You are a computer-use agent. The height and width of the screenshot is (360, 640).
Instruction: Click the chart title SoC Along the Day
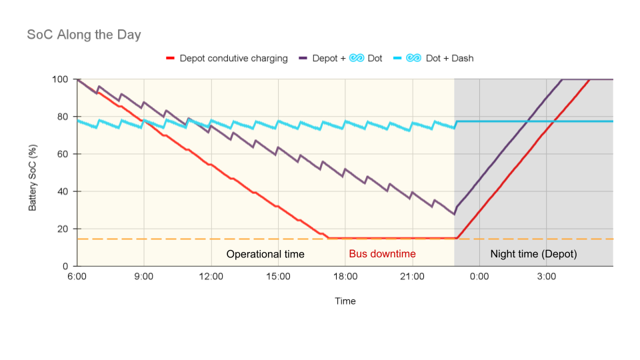84,35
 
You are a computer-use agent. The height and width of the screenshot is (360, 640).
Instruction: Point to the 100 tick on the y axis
61,79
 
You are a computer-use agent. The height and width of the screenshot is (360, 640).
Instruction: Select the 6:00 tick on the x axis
77,276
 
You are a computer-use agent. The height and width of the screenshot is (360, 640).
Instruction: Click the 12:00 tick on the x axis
211,276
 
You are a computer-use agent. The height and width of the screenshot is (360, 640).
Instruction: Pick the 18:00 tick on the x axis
345,276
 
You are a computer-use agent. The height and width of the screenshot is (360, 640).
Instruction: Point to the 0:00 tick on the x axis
479,276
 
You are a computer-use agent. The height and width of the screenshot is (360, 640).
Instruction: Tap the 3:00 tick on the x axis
547,276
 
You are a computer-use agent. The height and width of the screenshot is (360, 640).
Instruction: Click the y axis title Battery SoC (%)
33,173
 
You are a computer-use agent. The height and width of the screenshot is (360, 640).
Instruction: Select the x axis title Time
345,301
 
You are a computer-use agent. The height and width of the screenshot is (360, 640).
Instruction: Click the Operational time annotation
265,254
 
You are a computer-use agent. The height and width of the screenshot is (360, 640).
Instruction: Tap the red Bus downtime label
382,254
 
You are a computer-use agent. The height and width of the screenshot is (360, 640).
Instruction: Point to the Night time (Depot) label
533,254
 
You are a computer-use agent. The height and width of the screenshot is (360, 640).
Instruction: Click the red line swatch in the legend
170,59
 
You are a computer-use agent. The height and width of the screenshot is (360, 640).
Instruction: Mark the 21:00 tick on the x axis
412,276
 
